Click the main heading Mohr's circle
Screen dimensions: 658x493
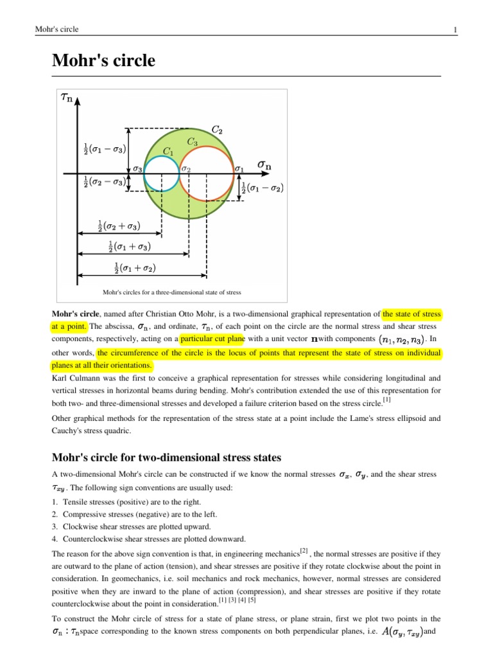(103, 61)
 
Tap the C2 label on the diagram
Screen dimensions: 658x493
(217, 130)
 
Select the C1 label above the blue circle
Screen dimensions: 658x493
(168, 152)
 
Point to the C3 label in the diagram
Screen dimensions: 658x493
(192, 141)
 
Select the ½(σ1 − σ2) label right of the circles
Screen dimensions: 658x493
(263, 188)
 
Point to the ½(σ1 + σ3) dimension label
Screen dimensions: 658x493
(130, 246)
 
